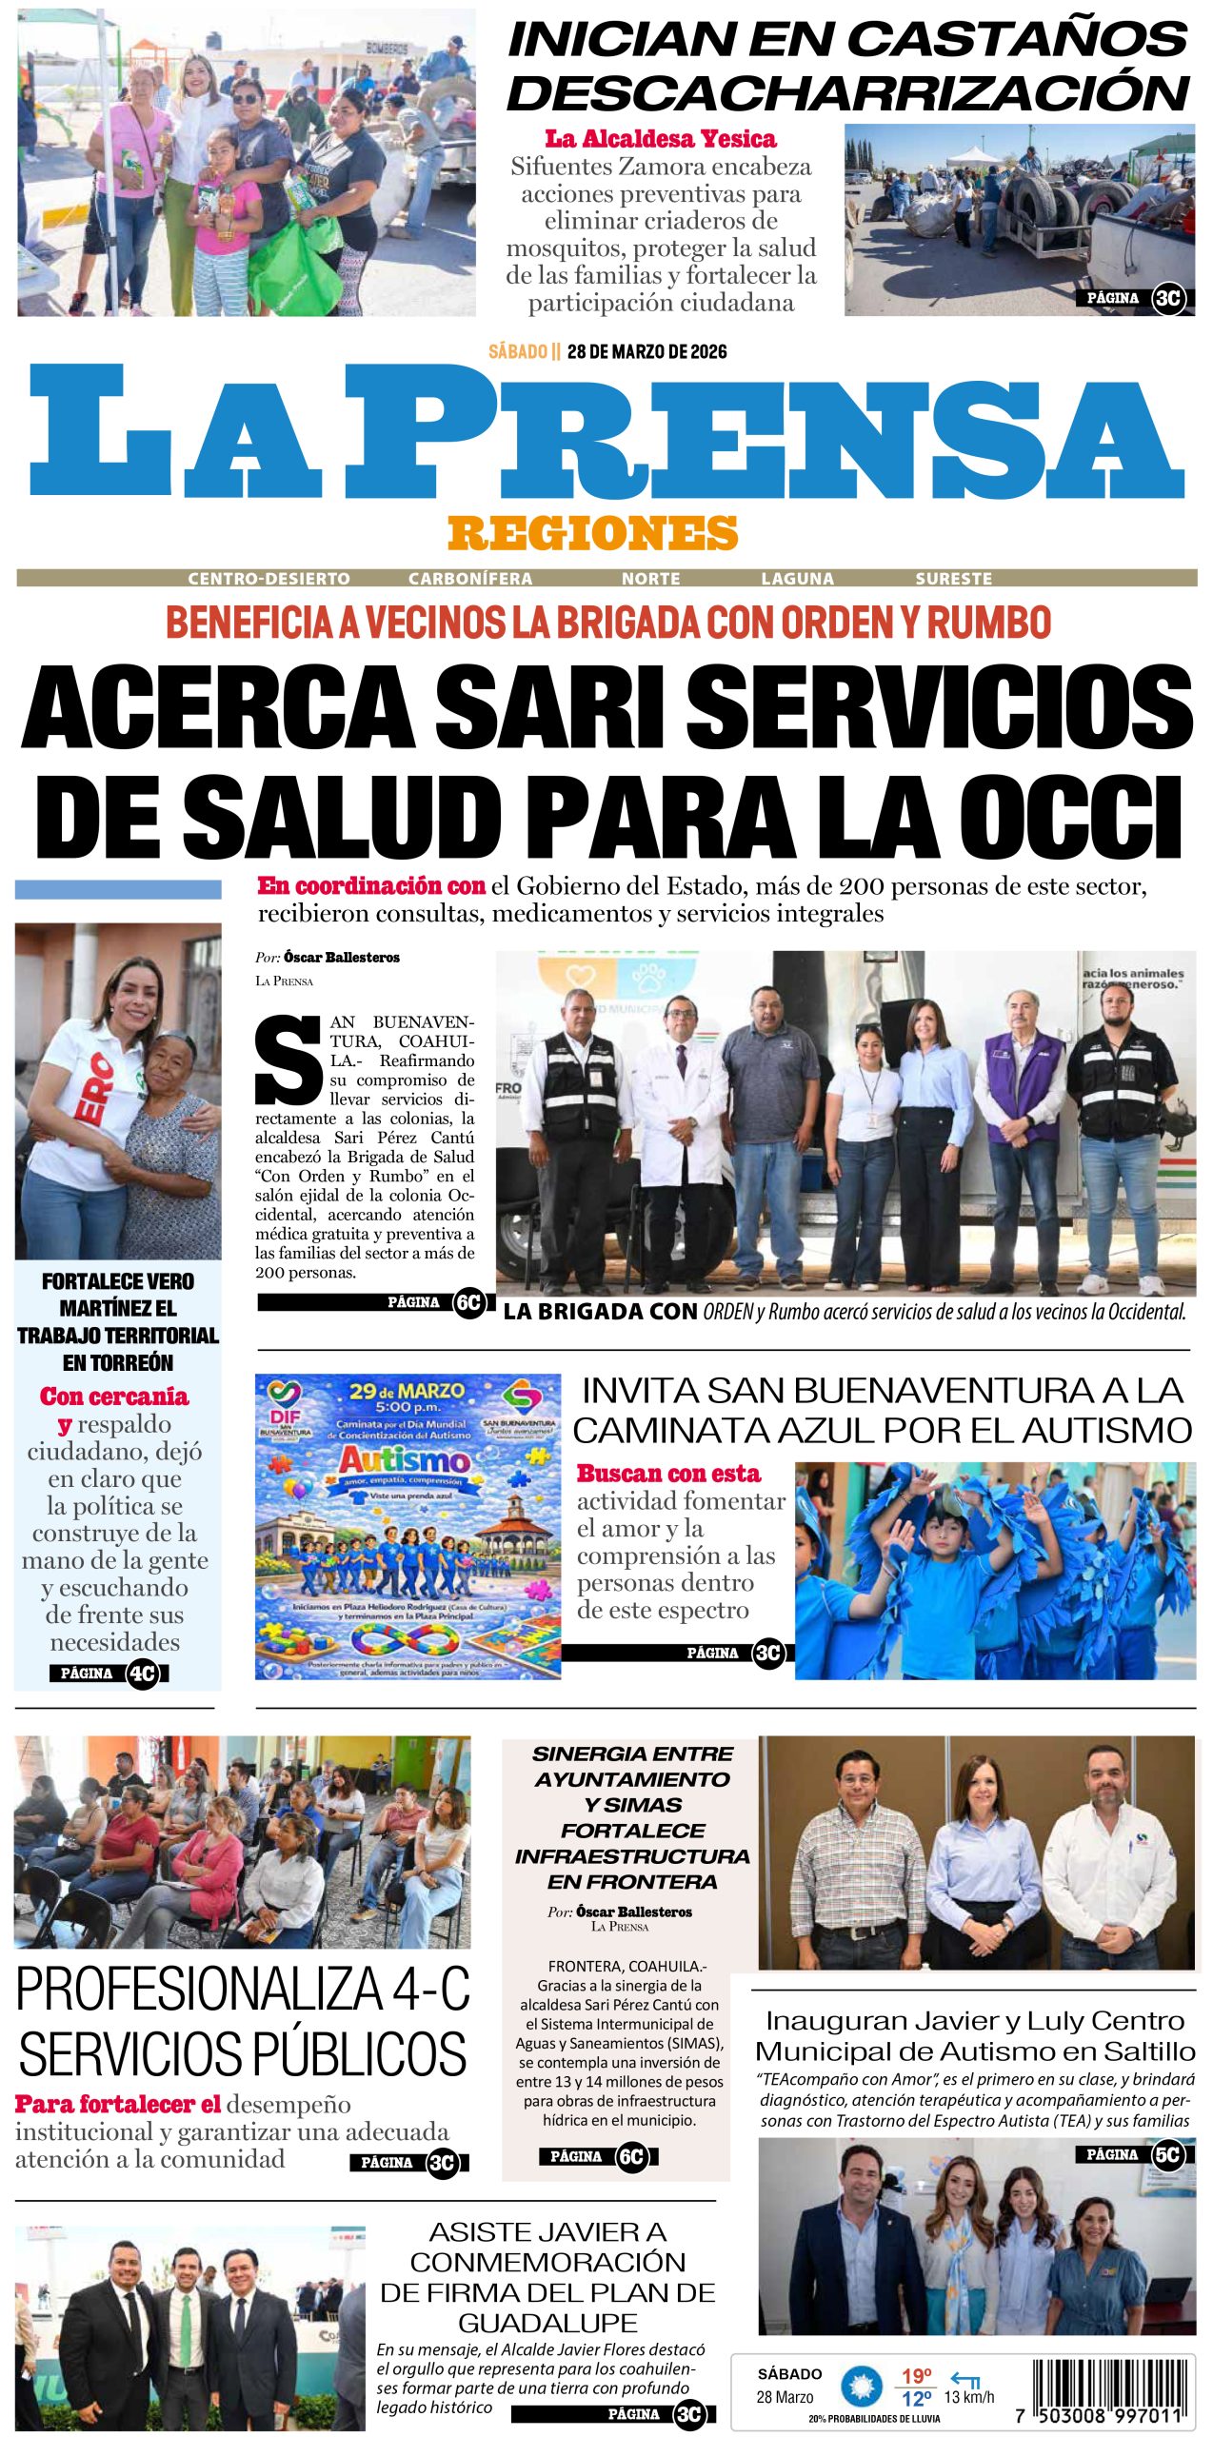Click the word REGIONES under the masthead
tap(593, 533)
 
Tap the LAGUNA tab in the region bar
tap(797, 579)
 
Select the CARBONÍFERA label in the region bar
tap(470, 579)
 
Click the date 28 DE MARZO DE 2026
tap(646, 351)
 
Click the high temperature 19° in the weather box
tap(916, 2376)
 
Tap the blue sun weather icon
tap(862, 2387)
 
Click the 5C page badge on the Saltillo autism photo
tap(1167, 2155)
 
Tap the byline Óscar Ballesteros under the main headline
tap(342, 958)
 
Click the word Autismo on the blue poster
tap(405, 1459)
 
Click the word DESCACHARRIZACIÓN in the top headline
tap(848, 93)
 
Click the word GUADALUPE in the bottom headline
tap(547, 2323)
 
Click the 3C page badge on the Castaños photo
tap(1167, 298)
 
